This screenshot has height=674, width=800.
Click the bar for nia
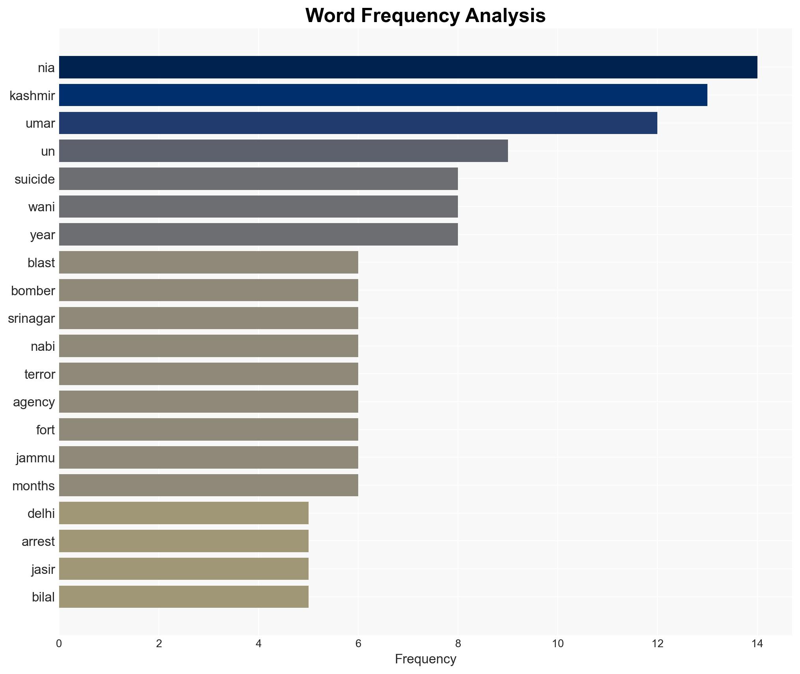(x=408, y=67)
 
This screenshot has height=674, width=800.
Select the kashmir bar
(x=383, y=95)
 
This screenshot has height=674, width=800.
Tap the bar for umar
(x=358, y=123)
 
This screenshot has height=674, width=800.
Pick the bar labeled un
(x=283, y=151)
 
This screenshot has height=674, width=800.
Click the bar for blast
(x=208, y=262)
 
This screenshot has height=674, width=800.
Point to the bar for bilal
(x=184, y=597)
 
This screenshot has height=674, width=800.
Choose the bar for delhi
(x=184, y=513)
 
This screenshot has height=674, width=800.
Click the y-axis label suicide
(x=35, y=179)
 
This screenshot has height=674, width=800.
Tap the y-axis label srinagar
(x=31, y=318)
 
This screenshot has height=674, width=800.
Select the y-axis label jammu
(x=35, y=458)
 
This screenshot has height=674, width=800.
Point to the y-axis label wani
(x=41, y=207)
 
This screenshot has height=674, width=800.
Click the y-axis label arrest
(x=38, y=542)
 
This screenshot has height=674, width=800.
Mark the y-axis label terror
(x=39, y=374)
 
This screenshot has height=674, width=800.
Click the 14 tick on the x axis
(x=757, y=644)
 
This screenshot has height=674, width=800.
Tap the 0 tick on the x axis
(x=59, y=644)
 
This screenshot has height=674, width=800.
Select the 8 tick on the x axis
(x=458, y=644)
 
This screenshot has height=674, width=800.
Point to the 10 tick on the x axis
(x=558, y=644)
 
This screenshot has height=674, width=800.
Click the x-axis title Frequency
(x=425, y=659)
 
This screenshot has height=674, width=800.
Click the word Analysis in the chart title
(x=505, y=16)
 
